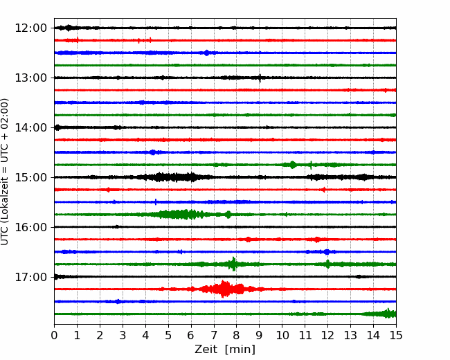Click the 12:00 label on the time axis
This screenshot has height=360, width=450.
click(x=30, y=28)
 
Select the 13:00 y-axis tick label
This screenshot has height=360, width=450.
click(x=30, y=78)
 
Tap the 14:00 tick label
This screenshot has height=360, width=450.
click(x=30, y=127)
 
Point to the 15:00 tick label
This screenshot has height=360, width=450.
click(x=30, y=177)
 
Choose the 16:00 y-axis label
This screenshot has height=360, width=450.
click(x=30, y=227)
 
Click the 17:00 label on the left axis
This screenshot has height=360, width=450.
click(x=30, y=277)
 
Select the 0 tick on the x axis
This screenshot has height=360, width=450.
click(x=54, y=335)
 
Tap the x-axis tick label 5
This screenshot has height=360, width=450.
click(x=168, y=335)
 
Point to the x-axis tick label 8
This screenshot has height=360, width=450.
click(x=237, y=335)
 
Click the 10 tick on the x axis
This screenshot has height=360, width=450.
click(x=282, y=335)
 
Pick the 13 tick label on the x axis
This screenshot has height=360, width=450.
click(x=350, y=335)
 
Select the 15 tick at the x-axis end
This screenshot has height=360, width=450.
click(x=396, y=335)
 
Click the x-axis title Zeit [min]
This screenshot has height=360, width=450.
click(x=225, y=350)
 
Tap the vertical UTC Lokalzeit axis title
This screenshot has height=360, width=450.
click(x=5, y=172)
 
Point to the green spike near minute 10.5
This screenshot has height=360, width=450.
click(x=293, y=165)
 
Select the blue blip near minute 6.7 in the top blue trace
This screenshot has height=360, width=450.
click(x=206, y=53)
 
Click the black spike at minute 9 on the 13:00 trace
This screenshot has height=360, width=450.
click(x=260, y=78)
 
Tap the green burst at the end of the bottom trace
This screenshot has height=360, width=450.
click(x=388, y=314)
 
